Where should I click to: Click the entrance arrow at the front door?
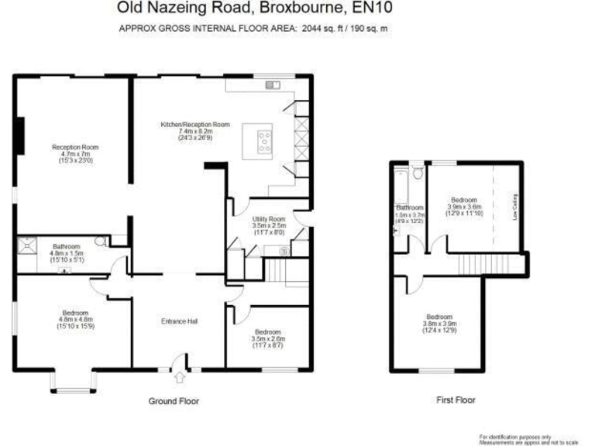[x=181, y=378]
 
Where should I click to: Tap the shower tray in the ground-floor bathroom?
[x=28, y=244]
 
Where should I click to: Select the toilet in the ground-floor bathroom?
[x=101, y=242]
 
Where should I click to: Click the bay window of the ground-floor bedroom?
[x=73, y=382]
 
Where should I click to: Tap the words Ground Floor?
[x=174, y=401]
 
